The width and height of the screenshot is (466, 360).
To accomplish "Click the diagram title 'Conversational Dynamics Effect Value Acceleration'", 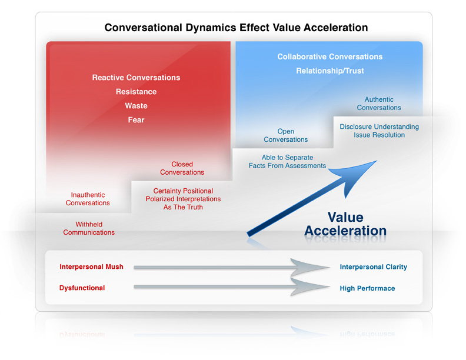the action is (x=237, y=28).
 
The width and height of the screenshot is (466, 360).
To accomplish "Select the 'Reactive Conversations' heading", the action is (x=136, y=78).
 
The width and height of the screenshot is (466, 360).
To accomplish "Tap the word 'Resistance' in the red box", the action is (x=136, y=92).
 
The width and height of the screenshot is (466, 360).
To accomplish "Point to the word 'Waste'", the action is (x=136, y=106).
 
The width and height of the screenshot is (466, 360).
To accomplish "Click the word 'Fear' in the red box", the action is (x=136, y=119).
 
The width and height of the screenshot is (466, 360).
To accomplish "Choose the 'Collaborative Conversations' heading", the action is (x=330, y=56).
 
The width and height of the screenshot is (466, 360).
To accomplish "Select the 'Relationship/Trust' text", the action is (x=330, y=71).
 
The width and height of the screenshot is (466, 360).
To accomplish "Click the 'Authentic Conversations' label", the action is (x=379, y=104).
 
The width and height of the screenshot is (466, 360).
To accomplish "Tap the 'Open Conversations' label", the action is (x=285, y=135).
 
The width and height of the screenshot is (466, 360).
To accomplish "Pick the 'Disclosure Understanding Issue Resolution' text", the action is (x=380, y=131).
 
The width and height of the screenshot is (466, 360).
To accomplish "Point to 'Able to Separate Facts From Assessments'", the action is (x=287, y=162).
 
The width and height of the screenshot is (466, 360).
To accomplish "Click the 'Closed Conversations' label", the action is (x=182, y=168).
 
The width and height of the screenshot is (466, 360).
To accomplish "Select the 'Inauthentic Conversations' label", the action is (x=88, y=199).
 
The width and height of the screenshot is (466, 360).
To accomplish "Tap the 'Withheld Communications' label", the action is (x=89, y=228).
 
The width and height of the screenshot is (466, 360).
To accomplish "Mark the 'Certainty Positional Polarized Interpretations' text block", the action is (x=183, y=199).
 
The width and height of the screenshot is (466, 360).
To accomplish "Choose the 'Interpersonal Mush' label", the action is (x=92, y=266).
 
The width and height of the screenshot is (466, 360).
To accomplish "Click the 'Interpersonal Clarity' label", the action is (x=374, y=266).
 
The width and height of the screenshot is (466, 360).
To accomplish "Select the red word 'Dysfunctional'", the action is (x=82, y=288).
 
